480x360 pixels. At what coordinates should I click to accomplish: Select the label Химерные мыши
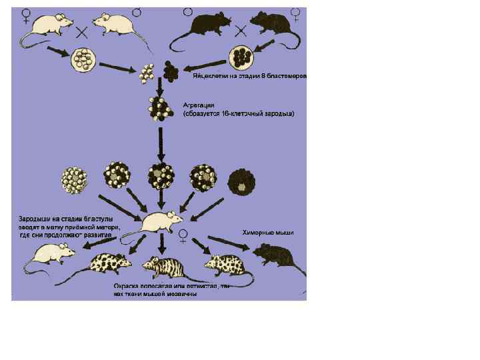(x=267, y=233)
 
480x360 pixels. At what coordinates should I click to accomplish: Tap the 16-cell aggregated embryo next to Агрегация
(x=160, y=108)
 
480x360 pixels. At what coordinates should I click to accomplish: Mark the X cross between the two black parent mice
(x=241, y=29)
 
